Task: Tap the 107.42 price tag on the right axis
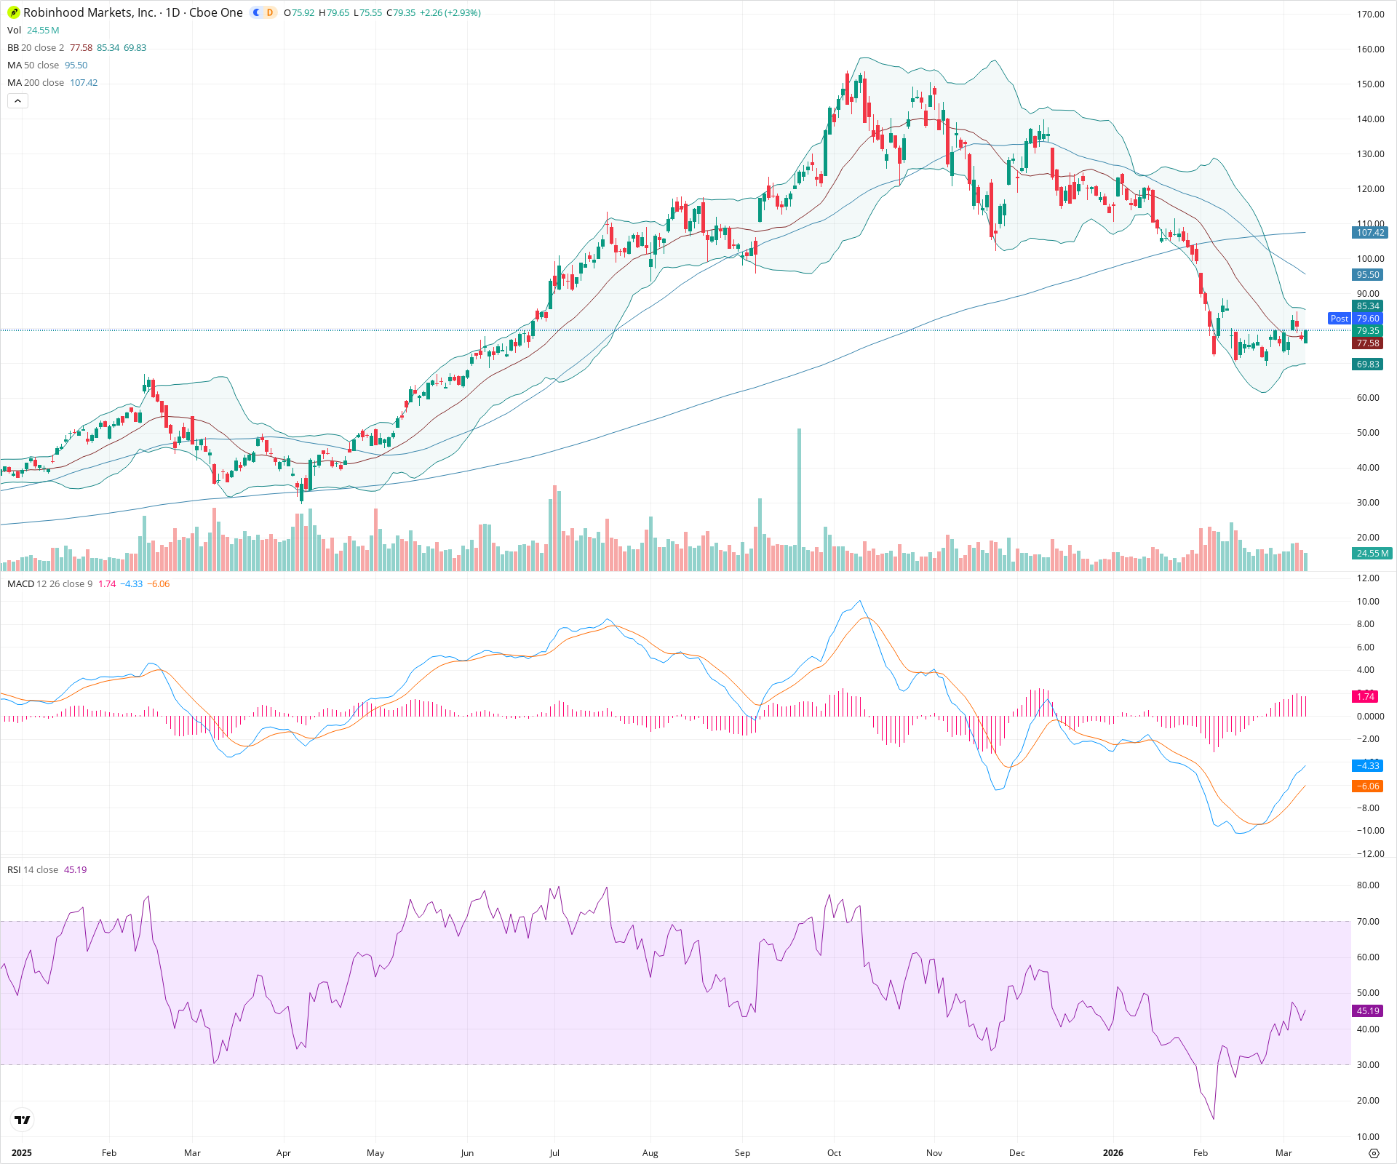pyautogui.click(x=1370, y=233)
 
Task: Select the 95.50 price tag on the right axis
pyautogui.click(x=1368, y=275)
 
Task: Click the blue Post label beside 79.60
pyautogui.click(x=1339, y=319)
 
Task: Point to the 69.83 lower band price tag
pyautogui.click(x=1368, y=364)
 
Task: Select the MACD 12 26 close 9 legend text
pyautogui.click(x=49, y=584)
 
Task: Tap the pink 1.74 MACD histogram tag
pyautogui.click(x=1366, y=697)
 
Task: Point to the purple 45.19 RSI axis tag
pyautogui.click(x=1368, y=1011)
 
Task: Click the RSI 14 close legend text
pyautogui.click(x=33, y=870)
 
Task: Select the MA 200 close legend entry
pyautogui.click(x=36, y=83)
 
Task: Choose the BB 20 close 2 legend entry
pyautogui.click(x=36, y=48)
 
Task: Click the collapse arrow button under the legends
pyautogui.click(x=17, y=101)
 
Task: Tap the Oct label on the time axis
pyautogui.click(x=834, y=1153)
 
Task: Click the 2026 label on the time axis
pyautogui.click(x=1113, y=1153)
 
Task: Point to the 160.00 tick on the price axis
pyautogui.click(x=1370, y=49)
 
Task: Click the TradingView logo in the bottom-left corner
pyautogui.click(x=23, y=1120)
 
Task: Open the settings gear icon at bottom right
pyautogui.click(x=1374, y=1153)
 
